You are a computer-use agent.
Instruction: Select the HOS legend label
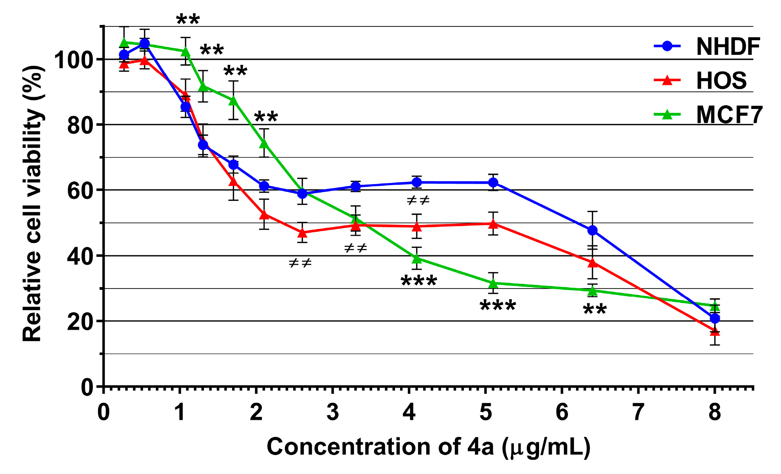pos(721,81)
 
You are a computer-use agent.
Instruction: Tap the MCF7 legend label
pos(729,115)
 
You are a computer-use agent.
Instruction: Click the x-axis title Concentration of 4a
pos(428,447)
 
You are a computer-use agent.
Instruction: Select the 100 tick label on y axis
pos(73,60)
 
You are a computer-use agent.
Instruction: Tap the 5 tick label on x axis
pos(485,412)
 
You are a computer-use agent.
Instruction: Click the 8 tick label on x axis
pos(714,412)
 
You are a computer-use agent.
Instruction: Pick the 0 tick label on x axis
pos(104,412)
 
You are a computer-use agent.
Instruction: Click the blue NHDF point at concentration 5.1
pos(493,183)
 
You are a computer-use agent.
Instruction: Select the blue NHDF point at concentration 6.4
pos(592,230)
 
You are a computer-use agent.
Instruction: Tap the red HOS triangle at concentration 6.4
pos(592,263)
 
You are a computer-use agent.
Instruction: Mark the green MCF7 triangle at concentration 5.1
pos(493,284)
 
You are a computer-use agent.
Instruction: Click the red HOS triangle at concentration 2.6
pos(302,233)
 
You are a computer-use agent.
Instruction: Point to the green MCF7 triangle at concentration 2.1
pos(264,144)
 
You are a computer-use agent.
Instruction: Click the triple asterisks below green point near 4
pos(418,281)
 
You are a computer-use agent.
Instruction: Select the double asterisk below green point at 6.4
pos(595,309)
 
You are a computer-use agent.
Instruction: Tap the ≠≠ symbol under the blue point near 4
pos(418,201)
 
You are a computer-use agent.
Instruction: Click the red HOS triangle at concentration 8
pos(714,331)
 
